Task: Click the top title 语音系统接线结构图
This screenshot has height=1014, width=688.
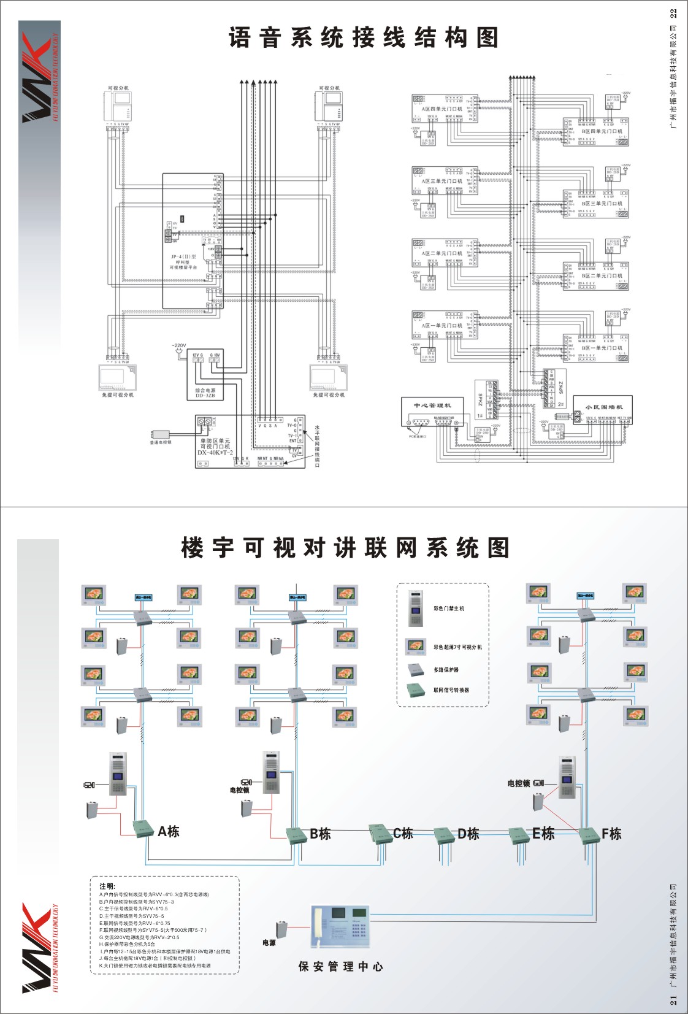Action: point(364,38)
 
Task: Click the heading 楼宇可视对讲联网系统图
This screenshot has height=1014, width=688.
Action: point(345,548)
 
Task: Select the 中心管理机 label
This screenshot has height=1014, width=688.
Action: point(432,405)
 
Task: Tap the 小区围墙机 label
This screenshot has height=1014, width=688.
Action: point(603,407)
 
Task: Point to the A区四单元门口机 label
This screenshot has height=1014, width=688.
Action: point(441,109)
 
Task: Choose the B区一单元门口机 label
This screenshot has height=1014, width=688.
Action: point(602,348)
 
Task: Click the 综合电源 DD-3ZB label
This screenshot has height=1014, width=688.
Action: point(205,393)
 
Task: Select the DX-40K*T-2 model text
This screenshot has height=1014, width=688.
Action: point(215,453)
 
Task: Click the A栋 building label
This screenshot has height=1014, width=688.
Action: point(169,832)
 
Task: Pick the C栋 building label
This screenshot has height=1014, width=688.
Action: point(403,833)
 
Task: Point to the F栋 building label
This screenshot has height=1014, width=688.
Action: point(611,834)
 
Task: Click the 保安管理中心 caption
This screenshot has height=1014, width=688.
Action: point(341,967)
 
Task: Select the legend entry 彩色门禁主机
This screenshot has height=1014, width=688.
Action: point(449,609)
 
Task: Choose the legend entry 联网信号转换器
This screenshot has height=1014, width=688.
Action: point(451,690)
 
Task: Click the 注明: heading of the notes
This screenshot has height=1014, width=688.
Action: point(107,886)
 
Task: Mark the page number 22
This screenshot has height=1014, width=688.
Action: point(673,13)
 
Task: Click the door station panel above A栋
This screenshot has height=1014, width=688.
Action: point(118,774)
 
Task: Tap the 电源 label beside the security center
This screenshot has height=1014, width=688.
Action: point(269,943)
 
